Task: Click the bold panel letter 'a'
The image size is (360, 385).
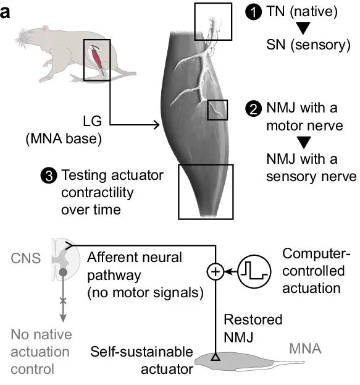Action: point(6,11)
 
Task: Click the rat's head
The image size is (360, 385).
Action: point(25,43)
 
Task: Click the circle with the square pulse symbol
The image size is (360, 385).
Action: point(254,269)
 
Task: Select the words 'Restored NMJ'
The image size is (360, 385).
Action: point(253,328)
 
